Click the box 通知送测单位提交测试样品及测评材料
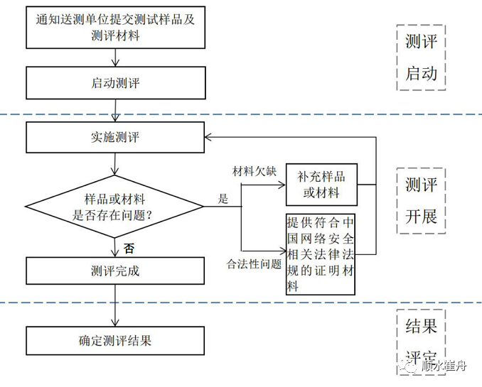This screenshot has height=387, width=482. point(115,28)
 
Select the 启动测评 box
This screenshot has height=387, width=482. point(115,83)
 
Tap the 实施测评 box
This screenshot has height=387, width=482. point(115,137)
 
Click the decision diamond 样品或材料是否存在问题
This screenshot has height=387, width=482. point(115,207)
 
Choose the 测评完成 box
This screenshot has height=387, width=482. point(115,271)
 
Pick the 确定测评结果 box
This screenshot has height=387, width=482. point(115,340)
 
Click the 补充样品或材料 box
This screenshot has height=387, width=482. point(319,185)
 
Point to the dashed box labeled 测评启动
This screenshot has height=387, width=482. point(421,58)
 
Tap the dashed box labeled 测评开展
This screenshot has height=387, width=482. point(421,200)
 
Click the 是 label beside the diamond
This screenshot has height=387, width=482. point(223,200)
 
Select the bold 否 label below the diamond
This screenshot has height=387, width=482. point(129,249)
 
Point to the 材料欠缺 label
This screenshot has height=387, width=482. point(255,172)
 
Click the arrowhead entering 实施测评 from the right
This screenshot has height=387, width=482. point(208,137)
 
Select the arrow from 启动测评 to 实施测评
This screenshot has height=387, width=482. point(115,110)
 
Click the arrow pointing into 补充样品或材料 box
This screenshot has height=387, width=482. point(280,185)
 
